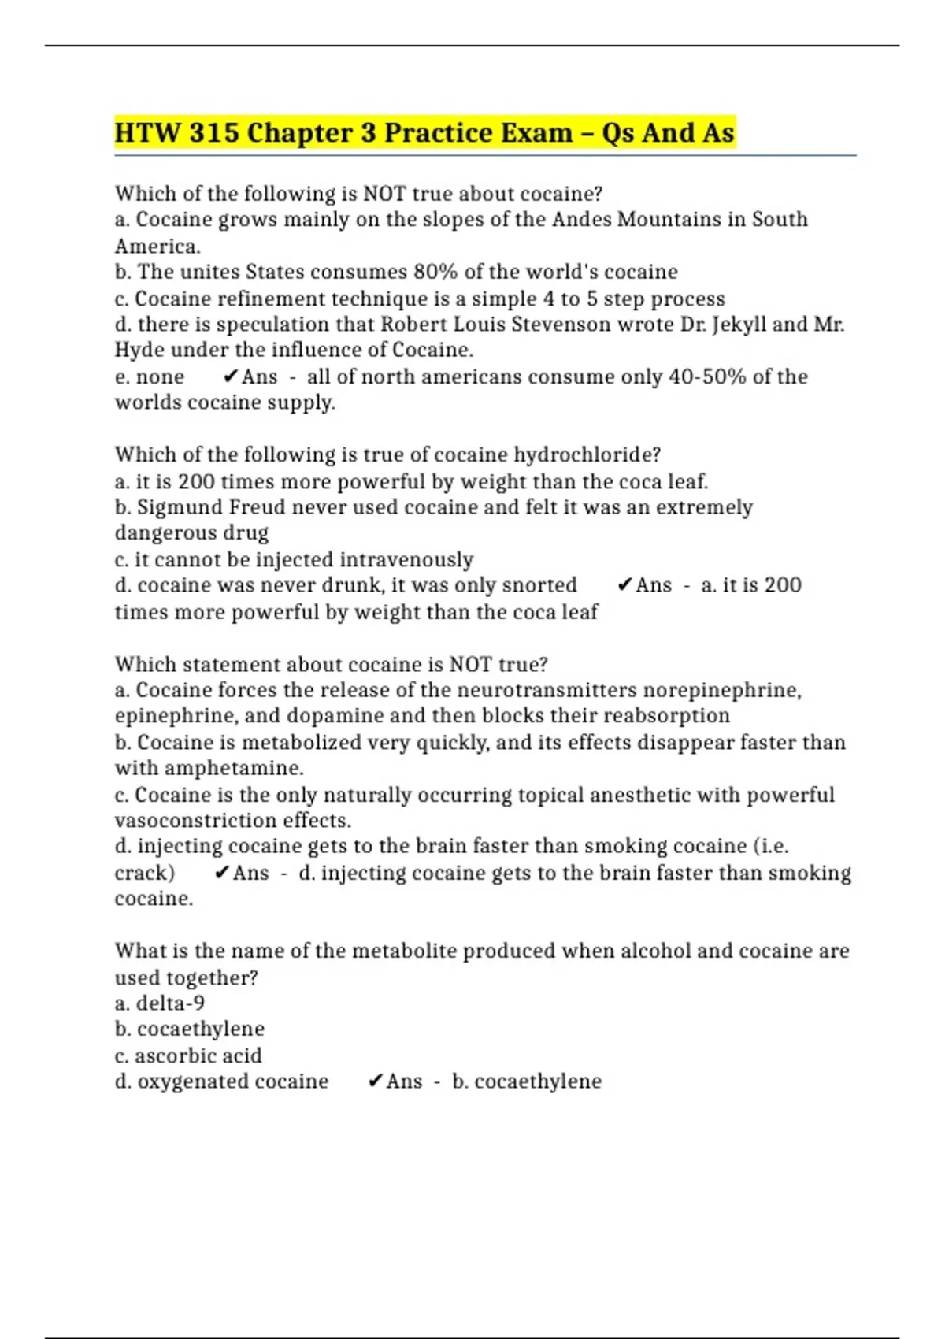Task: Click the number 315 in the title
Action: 214,132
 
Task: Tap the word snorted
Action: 539,585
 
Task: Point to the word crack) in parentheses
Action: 145,873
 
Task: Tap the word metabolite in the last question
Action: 403,951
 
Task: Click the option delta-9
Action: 170,1003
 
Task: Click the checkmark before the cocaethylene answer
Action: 375,1081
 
